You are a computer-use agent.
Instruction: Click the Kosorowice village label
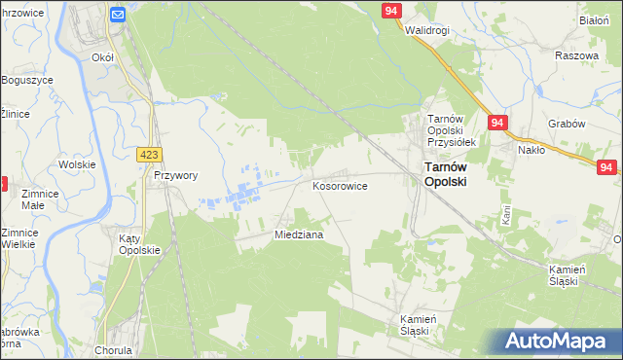(339, 185)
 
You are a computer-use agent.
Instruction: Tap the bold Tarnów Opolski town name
(445, 174)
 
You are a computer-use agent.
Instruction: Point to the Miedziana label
(299, 235)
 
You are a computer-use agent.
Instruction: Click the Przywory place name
(175, 176)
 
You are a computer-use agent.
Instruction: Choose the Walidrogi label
(427, 30)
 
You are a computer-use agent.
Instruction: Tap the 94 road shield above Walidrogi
(391, 10)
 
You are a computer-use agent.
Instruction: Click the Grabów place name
(566, 124)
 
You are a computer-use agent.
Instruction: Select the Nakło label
(531, 150)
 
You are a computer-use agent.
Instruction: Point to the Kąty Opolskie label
(138, 243)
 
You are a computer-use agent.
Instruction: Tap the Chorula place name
(114, 349)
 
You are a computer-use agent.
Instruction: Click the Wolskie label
(77, 164)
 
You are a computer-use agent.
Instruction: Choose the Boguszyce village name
(26, 79)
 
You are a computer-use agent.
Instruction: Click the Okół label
(102, 57)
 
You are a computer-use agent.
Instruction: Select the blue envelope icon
(118, 15)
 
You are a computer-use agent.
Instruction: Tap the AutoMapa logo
(560, 342)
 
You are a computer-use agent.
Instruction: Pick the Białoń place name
(593, 19)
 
